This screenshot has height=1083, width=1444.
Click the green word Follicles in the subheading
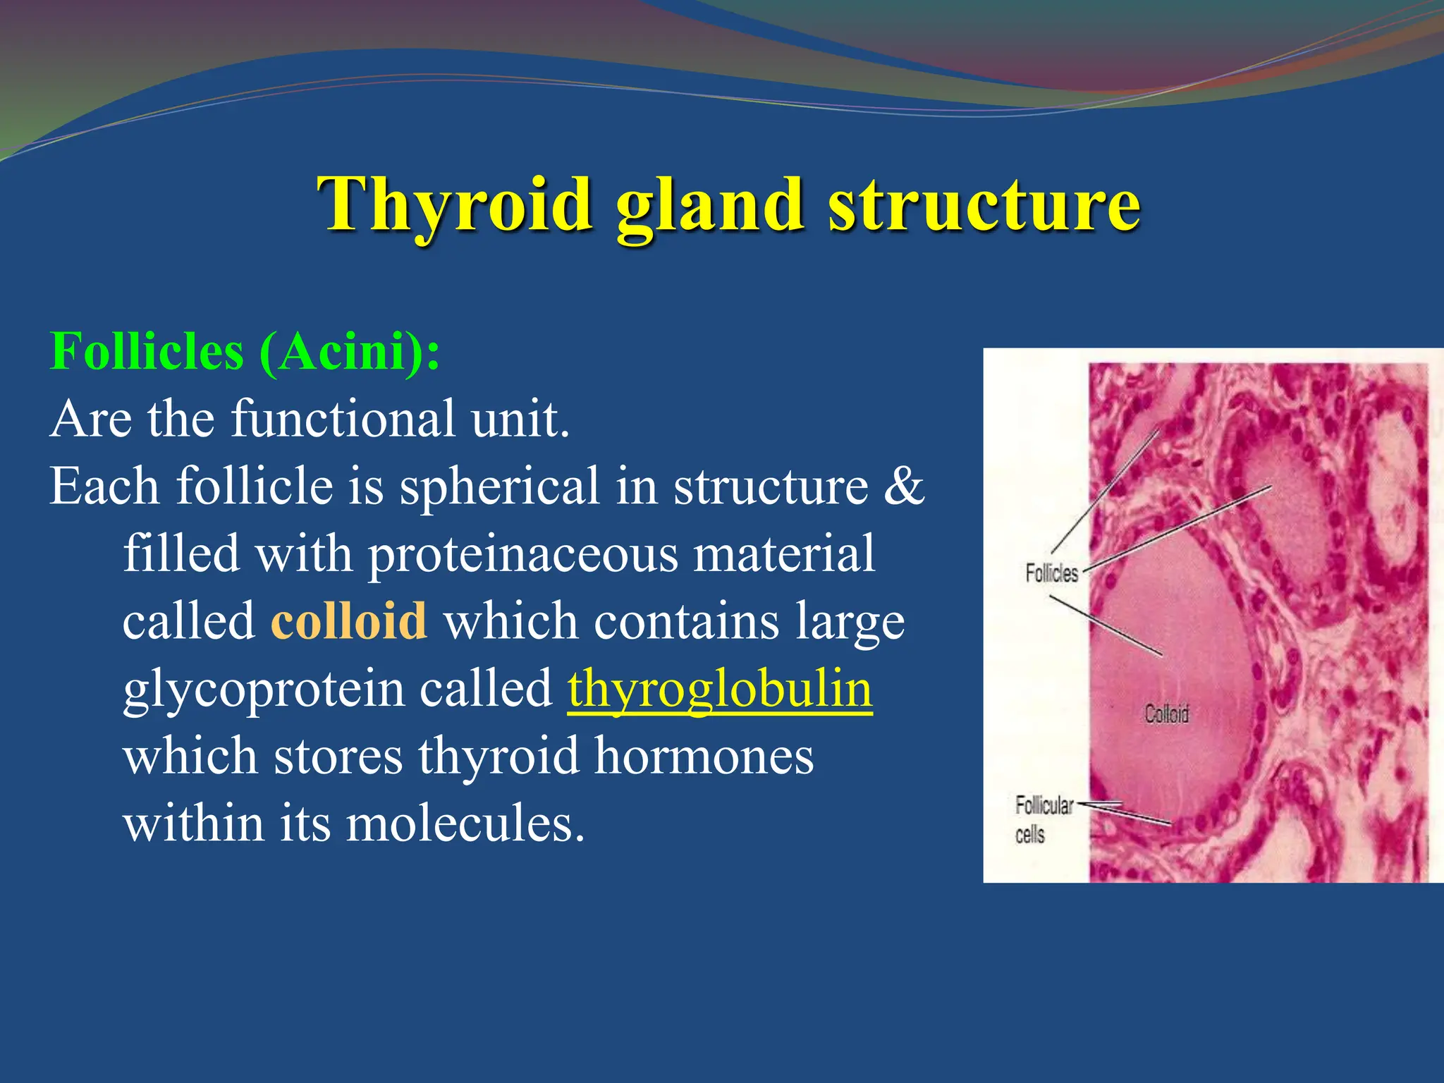(x=147, y=351)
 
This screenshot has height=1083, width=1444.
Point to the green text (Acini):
(x=349, y=351)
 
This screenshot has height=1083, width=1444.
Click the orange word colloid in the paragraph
(x=349, y=621)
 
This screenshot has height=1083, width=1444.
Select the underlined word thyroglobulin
(x=720, y=689)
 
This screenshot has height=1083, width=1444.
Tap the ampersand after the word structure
(x=904, y=486)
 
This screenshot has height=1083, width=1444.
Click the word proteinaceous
(x=522, y=554)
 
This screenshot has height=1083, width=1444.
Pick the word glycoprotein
(x=263, y=689)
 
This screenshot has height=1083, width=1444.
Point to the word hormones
(x=704, y=756)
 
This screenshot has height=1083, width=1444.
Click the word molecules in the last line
(x=465, y=823)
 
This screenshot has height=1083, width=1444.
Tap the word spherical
(x=499, y=486)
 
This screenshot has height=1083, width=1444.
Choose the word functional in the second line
(x=343, y=419)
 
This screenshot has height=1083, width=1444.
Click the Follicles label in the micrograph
(x=1051, y=573)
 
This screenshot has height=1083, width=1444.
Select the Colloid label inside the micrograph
(x=1166, y=714)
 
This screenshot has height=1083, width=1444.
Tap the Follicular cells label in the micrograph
(x=1043, y=819)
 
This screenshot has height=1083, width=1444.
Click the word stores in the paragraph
(x=338, y=756)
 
